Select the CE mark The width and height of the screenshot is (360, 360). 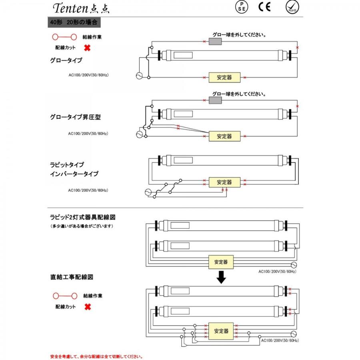point(264,8)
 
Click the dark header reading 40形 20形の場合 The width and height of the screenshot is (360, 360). point(72,22)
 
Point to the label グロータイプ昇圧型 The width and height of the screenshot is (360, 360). point(75,118)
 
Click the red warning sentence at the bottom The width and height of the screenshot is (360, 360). point(96,356)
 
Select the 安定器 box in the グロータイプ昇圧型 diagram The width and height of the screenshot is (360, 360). point(224,136)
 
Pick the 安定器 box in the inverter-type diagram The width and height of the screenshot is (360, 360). point(224,182)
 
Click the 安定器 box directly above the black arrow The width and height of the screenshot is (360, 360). point(221,262)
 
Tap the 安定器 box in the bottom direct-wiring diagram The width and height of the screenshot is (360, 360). point(221,331)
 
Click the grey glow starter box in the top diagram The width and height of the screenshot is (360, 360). point(216,42)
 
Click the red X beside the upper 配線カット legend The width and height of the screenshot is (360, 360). point(87,48)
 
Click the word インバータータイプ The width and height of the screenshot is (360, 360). point(74,174)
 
